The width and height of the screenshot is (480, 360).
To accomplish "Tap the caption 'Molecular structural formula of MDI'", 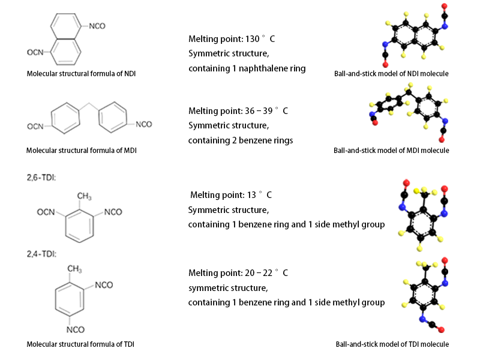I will point(82,150).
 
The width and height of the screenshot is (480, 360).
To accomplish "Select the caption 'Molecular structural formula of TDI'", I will point(80,344).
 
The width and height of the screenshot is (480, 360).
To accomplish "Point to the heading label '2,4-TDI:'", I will point(41,253).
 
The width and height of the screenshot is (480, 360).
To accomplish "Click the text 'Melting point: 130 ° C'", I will point(232,39).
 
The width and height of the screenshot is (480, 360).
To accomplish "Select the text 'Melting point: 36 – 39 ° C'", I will point(238,111).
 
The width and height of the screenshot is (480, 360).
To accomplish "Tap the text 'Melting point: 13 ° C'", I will point(231,195).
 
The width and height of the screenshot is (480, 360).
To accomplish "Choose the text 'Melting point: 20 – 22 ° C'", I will point(238,273).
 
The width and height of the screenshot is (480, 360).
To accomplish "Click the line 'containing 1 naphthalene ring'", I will point(247,68).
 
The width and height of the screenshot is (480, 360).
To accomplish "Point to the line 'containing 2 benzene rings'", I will point(241,140).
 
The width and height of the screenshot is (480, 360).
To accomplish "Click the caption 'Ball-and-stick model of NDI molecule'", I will point(392,74).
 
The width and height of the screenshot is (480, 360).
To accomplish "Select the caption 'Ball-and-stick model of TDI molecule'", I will point(392,344).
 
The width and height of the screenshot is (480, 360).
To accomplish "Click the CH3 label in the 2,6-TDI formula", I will point(85,196).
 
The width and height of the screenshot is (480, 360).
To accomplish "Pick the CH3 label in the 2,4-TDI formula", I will point(76,269).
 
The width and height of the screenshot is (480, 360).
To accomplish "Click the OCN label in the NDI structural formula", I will point(35,53).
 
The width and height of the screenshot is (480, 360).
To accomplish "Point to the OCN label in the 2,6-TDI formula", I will point(46,212).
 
